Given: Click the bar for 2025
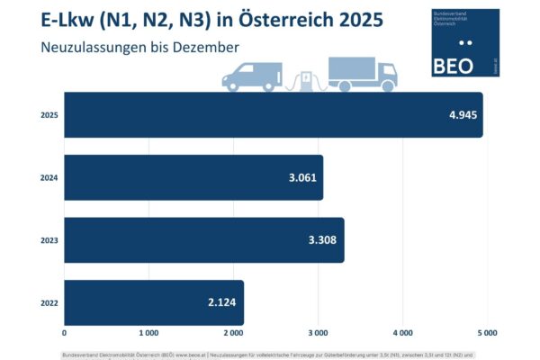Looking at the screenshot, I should point(270,115).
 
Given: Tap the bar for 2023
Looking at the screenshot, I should point(203,240).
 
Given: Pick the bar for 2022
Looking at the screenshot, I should point(153,302).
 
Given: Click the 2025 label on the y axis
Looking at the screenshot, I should point(49,115).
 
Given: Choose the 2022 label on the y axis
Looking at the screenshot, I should point(49,302).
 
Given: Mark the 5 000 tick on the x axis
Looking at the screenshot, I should point(487,332).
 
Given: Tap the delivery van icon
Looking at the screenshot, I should point(252,76).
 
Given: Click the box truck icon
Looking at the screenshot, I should point(363,74).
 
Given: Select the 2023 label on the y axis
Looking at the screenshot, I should point(49,240).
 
